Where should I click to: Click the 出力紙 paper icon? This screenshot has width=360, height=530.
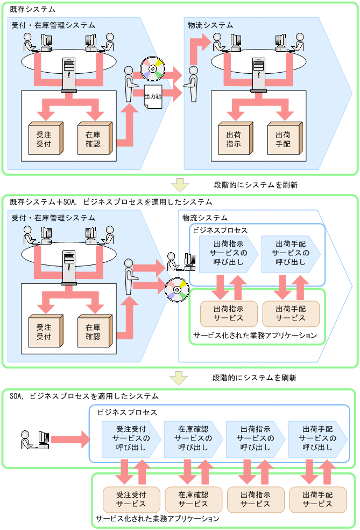pyautogui.click(x=153, y=96)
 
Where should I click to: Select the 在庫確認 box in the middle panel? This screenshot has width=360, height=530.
pyautogui.click(x=93, y=329)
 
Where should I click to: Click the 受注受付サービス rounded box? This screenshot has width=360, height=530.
pyautogui.click(x=131, y=499)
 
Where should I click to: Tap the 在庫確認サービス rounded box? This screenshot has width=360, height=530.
pyautogui.click(x=193, y=499)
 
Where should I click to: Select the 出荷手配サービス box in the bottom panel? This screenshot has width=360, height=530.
pyautogui.click(x=317, y=499)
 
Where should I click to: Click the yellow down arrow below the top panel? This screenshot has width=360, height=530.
pyautogui.click(x=179, y=185)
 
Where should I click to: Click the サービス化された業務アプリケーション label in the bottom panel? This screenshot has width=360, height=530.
pyautogui.click(x=157, y=519)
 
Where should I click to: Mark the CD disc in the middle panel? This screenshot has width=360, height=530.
pyautogui.click(x=176, y=288)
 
